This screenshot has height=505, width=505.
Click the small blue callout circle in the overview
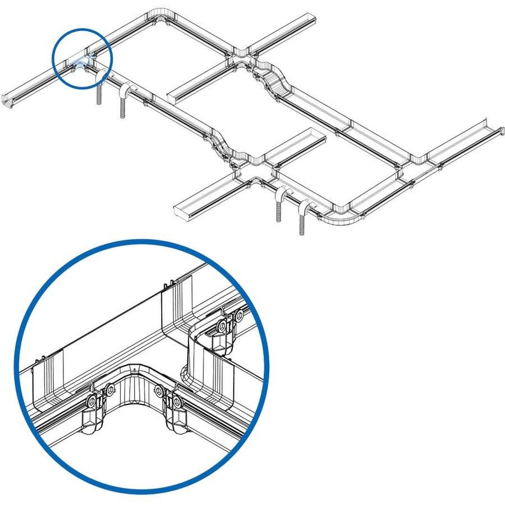pyautogui.click(x=82, y=60)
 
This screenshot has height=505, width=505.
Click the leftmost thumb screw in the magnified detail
pyautogui.click(x=90, y=402)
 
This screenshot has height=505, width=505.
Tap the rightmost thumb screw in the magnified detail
pyautogui.click(x=240, y=315)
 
